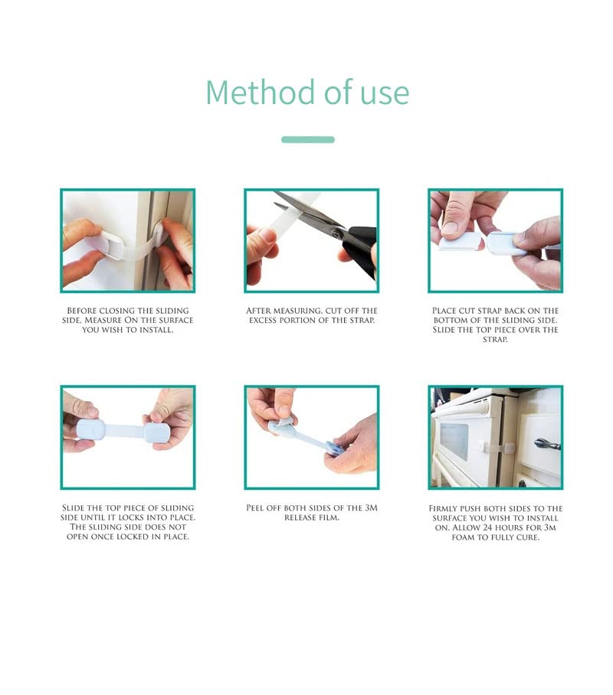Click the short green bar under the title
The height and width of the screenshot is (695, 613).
point(307,139)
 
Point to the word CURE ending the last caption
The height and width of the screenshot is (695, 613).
point(527,537)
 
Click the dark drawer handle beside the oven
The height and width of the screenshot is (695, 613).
point(547,444)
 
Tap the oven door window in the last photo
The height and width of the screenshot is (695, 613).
point(454,441)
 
